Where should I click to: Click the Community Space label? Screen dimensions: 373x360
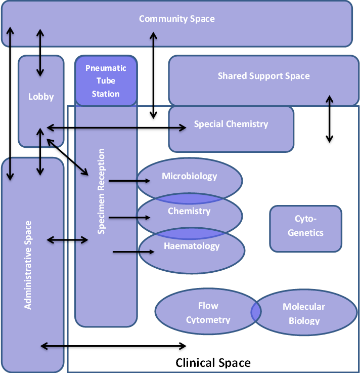pyautogui.click(x=177, y=19)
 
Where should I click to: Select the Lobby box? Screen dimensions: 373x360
pyautogui.click(x=41, y=97)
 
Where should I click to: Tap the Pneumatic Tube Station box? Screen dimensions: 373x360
pyautogui.click(x=106, y=81)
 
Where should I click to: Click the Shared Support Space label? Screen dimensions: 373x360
pyautogui.click(x=263, y=76)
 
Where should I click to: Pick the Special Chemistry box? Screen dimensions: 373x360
pyautogui.click(x=231, y=124)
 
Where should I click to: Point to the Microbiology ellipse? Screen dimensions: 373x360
pyautogui.click(x=190, y=177)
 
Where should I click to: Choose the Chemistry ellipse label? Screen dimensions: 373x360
pyautogui.click(x=189, y=211)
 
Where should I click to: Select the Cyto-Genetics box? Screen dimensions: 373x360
pyautogui.click(x=305, y=226)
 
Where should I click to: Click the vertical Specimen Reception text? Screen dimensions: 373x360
pyautogui.click(x=102, y=191)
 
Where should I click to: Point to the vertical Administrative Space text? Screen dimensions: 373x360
pyautogui.click(x=28, y=265)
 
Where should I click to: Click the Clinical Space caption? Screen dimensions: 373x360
pyautogui.click(x=213, y=363)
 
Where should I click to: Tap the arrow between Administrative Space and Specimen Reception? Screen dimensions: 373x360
pyautogui.click(x=67, y=240)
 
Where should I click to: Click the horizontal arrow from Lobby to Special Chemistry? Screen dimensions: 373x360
pyautogui.click(x=116, y=129)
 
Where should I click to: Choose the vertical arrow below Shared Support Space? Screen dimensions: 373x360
pyautogui.click(x=330, y=120)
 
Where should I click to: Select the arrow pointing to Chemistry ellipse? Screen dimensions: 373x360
pyautogui.click(x=129, y=218)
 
